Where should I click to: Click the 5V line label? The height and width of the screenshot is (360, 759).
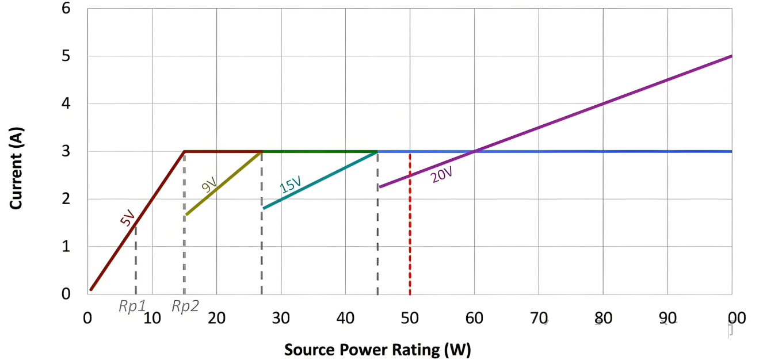127,218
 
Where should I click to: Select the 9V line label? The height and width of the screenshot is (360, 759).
209,185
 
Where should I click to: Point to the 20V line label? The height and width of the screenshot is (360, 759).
441,175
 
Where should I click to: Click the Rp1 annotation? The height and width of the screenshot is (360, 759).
132,307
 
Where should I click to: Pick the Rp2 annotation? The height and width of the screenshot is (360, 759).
185,307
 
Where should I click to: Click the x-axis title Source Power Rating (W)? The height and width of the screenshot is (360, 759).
377,350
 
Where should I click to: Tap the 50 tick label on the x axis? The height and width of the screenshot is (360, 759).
410,318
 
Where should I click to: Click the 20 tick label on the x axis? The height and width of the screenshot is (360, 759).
216,318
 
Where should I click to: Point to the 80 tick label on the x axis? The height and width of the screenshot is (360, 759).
603,318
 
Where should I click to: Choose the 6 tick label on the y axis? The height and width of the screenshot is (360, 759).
66,9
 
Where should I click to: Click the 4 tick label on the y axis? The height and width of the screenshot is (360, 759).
66,104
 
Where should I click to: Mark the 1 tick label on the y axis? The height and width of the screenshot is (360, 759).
66,247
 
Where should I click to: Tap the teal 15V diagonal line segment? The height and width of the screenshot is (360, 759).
320,179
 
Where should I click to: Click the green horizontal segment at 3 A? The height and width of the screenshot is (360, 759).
319,151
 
